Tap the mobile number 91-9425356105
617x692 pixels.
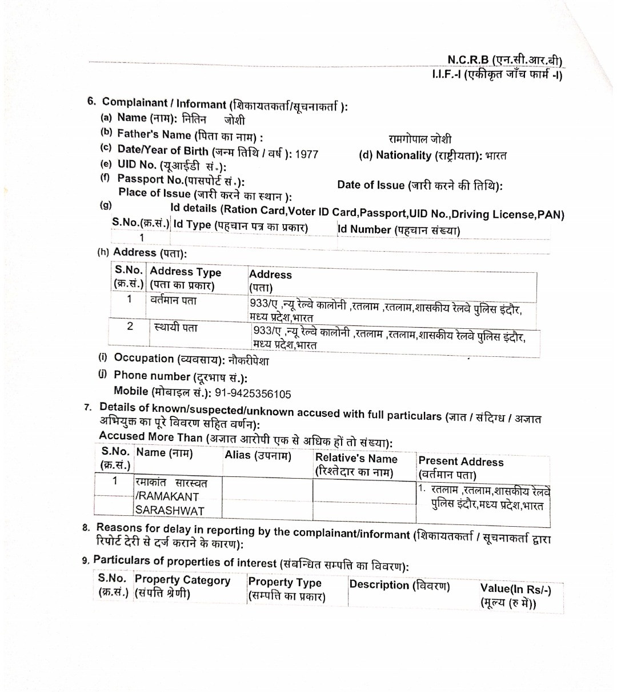(x=253, y=393)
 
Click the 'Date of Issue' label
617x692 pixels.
(x=371, y=185)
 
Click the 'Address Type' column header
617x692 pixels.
(x=185, y=272)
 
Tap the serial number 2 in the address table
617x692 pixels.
(x=130, y=326)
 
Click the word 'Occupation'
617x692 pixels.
(x=144, y=358)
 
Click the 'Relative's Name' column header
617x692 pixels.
(x=356, y=459)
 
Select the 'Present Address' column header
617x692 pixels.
(x=461, y=462)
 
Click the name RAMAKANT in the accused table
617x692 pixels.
(x=169, y=496)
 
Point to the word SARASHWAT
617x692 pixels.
(x=170, y=511)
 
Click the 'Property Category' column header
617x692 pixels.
(x=182, y=580)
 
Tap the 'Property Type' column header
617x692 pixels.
(x=285, y=583)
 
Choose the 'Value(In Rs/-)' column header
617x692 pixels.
(x=515, y=588)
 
